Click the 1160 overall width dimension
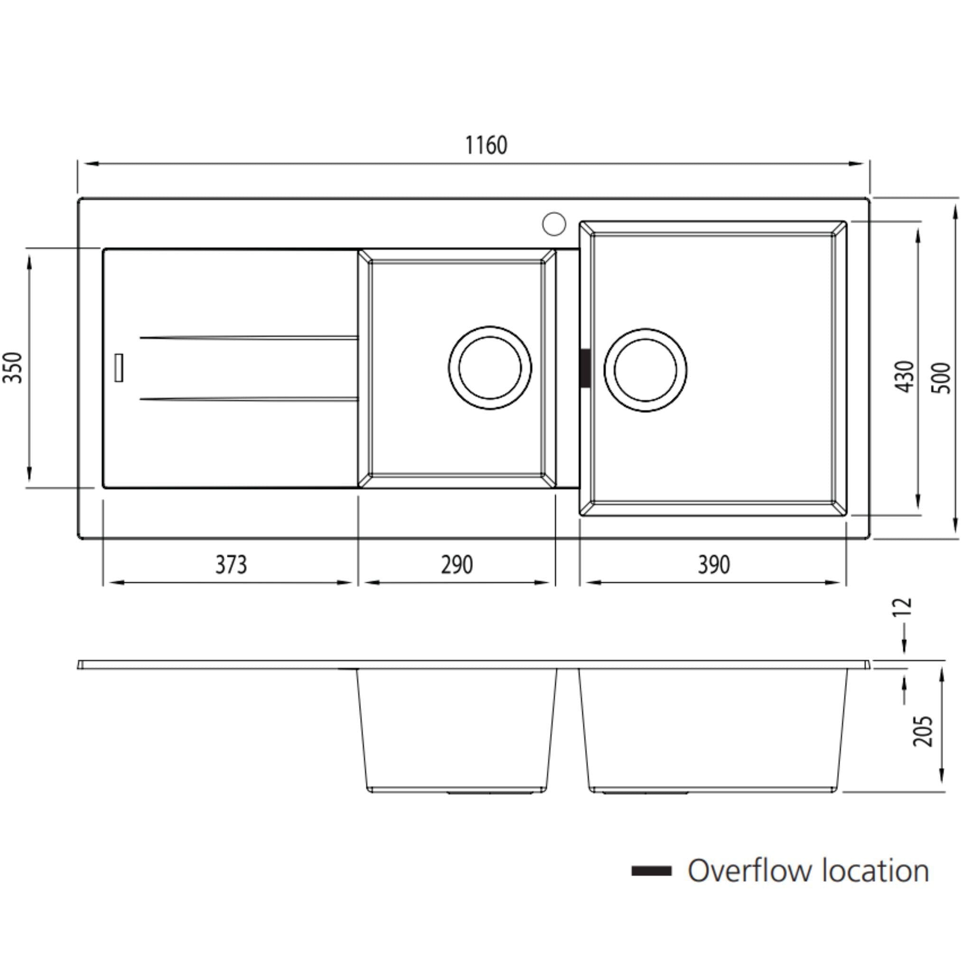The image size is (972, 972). [x=486, y=145]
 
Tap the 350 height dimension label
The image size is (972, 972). [x=14, y=367]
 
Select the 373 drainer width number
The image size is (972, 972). [x=231, y=564]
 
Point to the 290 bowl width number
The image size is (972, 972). [x=457, y=564]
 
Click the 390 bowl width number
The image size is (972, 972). [x=713, y=564]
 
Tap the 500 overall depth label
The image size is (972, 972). [x=941, y=377]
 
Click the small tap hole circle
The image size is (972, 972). [x=554, y=224]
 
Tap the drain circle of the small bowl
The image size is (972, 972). [x=489, y=368]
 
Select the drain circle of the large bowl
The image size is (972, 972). [x=645, y=370]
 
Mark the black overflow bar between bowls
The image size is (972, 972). [x=585, y=368]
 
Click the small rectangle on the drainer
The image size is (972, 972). [x=119, y=367]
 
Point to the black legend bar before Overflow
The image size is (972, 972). [x=651, y=871]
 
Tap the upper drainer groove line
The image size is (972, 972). [x=249, y=337]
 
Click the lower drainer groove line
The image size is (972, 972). [x=249, y=400]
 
